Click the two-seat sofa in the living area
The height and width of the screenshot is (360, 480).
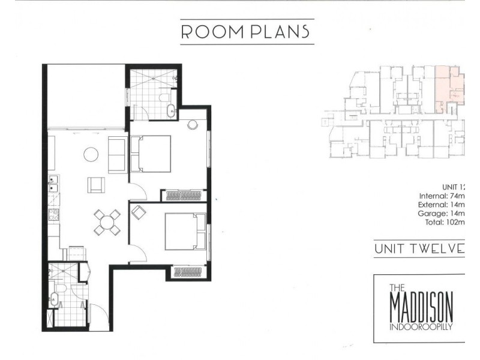click(117, 152)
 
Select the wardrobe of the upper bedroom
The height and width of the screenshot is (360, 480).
click(184, 195)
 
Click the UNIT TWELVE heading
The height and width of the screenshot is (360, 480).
click(419, 249)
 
